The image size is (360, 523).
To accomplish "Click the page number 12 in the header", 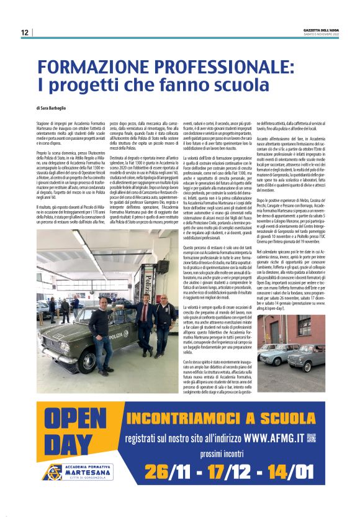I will [x=24, y=32].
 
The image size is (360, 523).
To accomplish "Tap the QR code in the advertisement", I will [x=316, y=438].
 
